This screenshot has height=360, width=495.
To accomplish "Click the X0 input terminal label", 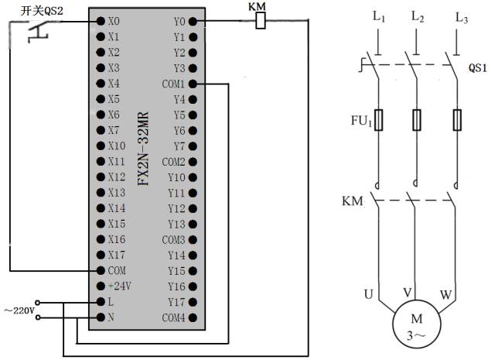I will pyautogui.click(x=114, y=21).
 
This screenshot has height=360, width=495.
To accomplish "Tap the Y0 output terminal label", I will pyautogui.click(x=179, y=21).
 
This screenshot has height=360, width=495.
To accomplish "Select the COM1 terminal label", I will pyautogui.click(x=173, y=84).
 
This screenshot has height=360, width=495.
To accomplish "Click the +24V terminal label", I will pyautogui.click(x=118, y=286).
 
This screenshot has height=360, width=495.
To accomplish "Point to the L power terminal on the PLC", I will pyautogui.click(x=111, y=302).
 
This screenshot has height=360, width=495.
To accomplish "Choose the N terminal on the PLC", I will pyautogui.click(x=111, y=317).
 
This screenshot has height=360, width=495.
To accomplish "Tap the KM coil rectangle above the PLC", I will pyautogui.click(x=261, y=22).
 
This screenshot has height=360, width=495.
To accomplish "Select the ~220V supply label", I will pyautogui.click(x=19, y=310).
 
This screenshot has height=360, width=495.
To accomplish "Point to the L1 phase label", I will pyautogui.click(x=378, y=15).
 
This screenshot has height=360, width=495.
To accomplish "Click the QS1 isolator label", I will pyautogui.click(x=478, y=67).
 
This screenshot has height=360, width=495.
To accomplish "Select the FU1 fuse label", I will pyautogui.click(x=362, y=121).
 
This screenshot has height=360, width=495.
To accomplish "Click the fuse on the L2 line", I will pyautogui.click(x=417, y=120).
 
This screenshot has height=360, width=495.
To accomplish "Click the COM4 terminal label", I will pyautogui.click(x=173, y=317).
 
